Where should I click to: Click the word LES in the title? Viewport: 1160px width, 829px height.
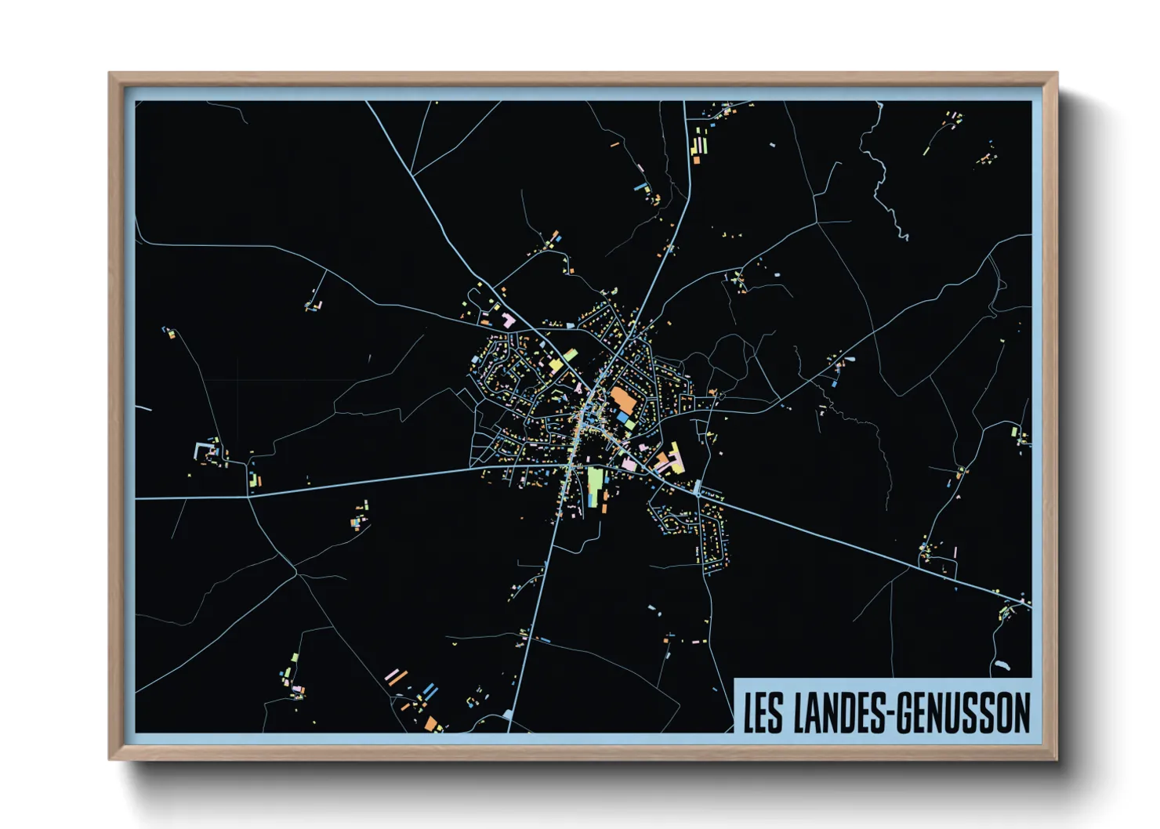click(763, 712)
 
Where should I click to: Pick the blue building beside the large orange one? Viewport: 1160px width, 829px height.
click(624, 418)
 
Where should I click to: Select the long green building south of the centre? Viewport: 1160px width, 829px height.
click(595, 486)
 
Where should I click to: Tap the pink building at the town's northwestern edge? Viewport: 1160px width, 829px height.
click(508, 320)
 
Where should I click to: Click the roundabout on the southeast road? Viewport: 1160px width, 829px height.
click(697, 492)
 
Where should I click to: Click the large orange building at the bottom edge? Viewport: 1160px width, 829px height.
click(432, 723)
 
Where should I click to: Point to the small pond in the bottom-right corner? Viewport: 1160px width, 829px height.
click(1001, 666)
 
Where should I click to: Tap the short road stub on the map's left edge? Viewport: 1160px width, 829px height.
click(143, 407)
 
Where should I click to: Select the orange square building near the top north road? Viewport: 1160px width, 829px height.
click(696, 160)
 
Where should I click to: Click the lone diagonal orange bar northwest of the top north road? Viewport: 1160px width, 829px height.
click(615, 144)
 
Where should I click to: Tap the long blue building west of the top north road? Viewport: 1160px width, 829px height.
click(641, 187)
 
